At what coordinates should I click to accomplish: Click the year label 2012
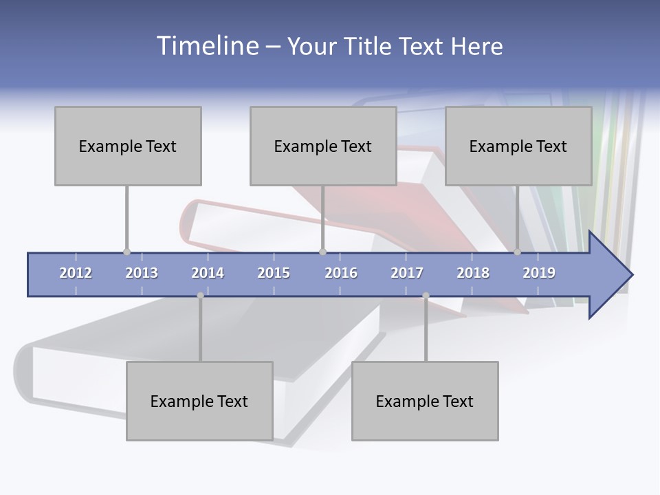(x=76, y=273)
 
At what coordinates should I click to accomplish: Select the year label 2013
(x=142, y=273)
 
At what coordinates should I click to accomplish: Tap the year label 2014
(x=208, y=273)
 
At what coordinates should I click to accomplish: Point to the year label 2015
(x=274, y=273)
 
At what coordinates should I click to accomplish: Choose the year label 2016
(x=341, y=273)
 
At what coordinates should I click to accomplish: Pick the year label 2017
(x=407, y=273)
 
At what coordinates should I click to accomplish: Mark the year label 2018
(x=473, y=273)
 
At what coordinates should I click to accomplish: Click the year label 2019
(x=539, y=273)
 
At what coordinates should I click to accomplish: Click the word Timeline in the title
(x=207, y=46)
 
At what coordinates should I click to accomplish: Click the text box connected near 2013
(x=128, y=146)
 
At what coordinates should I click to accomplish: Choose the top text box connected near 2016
(x=323, y=146)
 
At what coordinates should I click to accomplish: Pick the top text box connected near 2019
(x=518, y=146)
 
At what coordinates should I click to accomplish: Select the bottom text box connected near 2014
(x=199, y=401)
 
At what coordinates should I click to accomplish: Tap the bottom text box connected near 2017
(x=425, y=401)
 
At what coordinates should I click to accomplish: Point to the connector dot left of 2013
(x=126, y=252)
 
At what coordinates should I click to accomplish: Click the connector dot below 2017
(x=426, y=296)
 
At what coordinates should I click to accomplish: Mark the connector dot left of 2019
(x=517, y=252)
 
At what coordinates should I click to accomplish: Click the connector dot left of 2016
(x=322, y=252)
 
